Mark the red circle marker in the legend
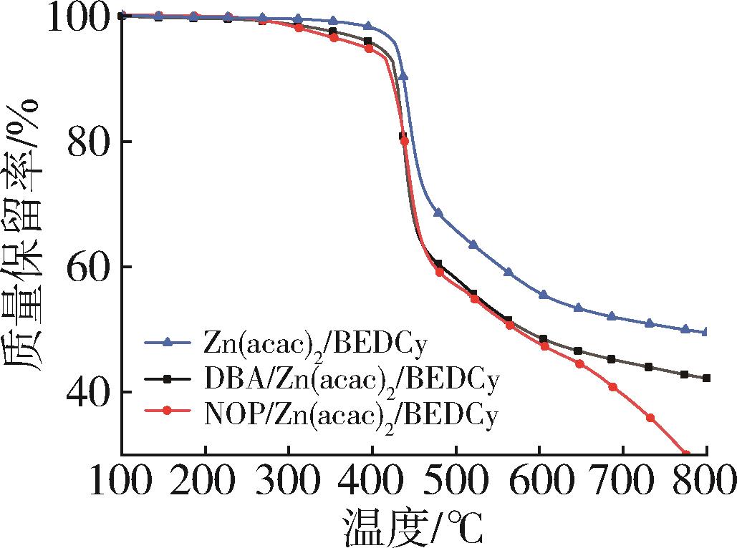tap(167, 412)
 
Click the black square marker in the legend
tap(167, 377)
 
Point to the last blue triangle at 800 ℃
tap(706, 332)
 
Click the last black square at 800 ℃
tap(706, 378)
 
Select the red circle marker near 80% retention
tap(405, 141)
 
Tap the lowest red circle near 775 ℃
tap(685, 454)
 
